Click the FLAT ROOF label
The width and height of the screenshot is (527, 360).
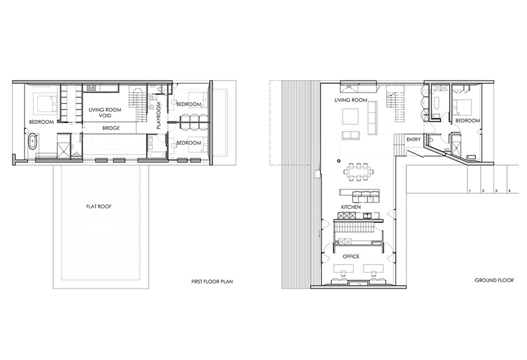(x=98, y=207)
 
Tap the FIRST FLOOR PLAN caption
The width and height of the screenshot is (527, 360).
(x=212, y=282)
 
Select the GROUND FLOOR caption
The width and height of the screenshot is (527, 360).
(x=494, y=280)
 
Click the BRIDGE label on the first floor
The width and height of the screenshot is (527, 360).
(x=111, y=128)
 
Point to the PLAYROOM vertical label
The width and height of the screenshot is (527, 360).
(x=159, y=116)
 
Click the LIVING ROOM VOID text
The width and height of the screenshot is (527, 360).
(x=105, y=112)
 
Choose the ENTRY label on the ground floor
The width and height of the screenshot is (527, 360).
(x=413, y=139)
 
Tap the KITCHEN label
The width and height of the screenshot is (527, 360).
(x=351, y=207)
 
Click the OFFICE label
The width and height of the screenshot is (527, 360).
(x=351, y=256)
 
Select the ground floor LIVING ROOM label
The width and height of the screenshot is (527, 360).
(x=351, y=100)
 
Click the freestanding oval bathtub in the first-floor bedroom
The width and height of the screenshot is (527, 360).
(x=33, y=142)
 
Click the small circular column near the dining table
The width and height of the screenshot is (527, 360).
(x=339, y=160)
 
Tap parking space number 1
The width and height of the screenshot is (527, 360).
(x=470, y=191)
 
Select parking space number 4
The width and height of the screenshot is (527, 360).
(x=509, y=191)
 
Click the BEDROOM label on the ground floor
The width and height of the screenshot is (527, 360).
(x=467, y=121)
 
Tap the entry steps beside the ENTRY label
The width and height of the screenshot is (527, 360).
(x=399, y=145)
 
